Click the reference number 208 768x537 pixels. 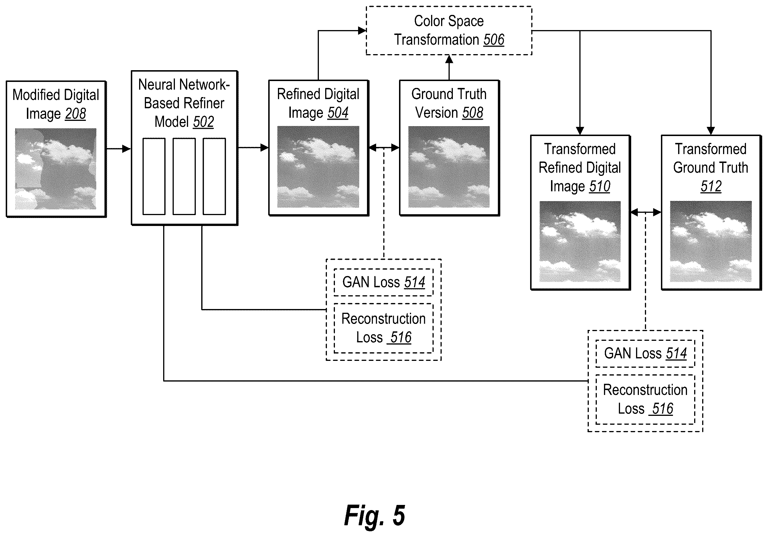(75, 114)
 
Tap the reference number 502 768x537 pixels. (203, 122)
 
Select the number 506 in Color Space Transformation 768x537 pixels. (494, 40)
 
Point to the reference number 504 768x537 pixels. (338, 113)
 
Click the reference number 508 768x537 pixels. (472, 113)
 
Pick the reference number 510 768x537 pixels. (600, 186)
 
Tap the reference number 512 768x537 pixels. (711, 186)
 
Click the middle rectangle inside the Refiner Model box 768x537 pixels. (184, 176)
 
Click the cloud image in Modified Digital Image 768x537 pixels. (56, 169)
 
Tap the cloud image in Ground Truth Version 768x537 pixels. (449, 167)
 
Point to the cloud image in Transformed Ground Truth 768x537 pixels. (710, 241)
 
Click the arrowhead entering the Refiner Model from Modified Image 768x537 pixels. (127, 149)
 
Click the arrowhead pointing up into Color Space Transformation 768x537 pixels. (449, 59)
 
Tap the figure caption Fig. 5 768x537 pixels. (375, 516)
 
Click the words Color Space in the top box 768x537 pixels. (449, 21)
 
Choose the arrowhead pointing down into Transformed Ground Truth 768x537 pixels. (711, 131)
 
